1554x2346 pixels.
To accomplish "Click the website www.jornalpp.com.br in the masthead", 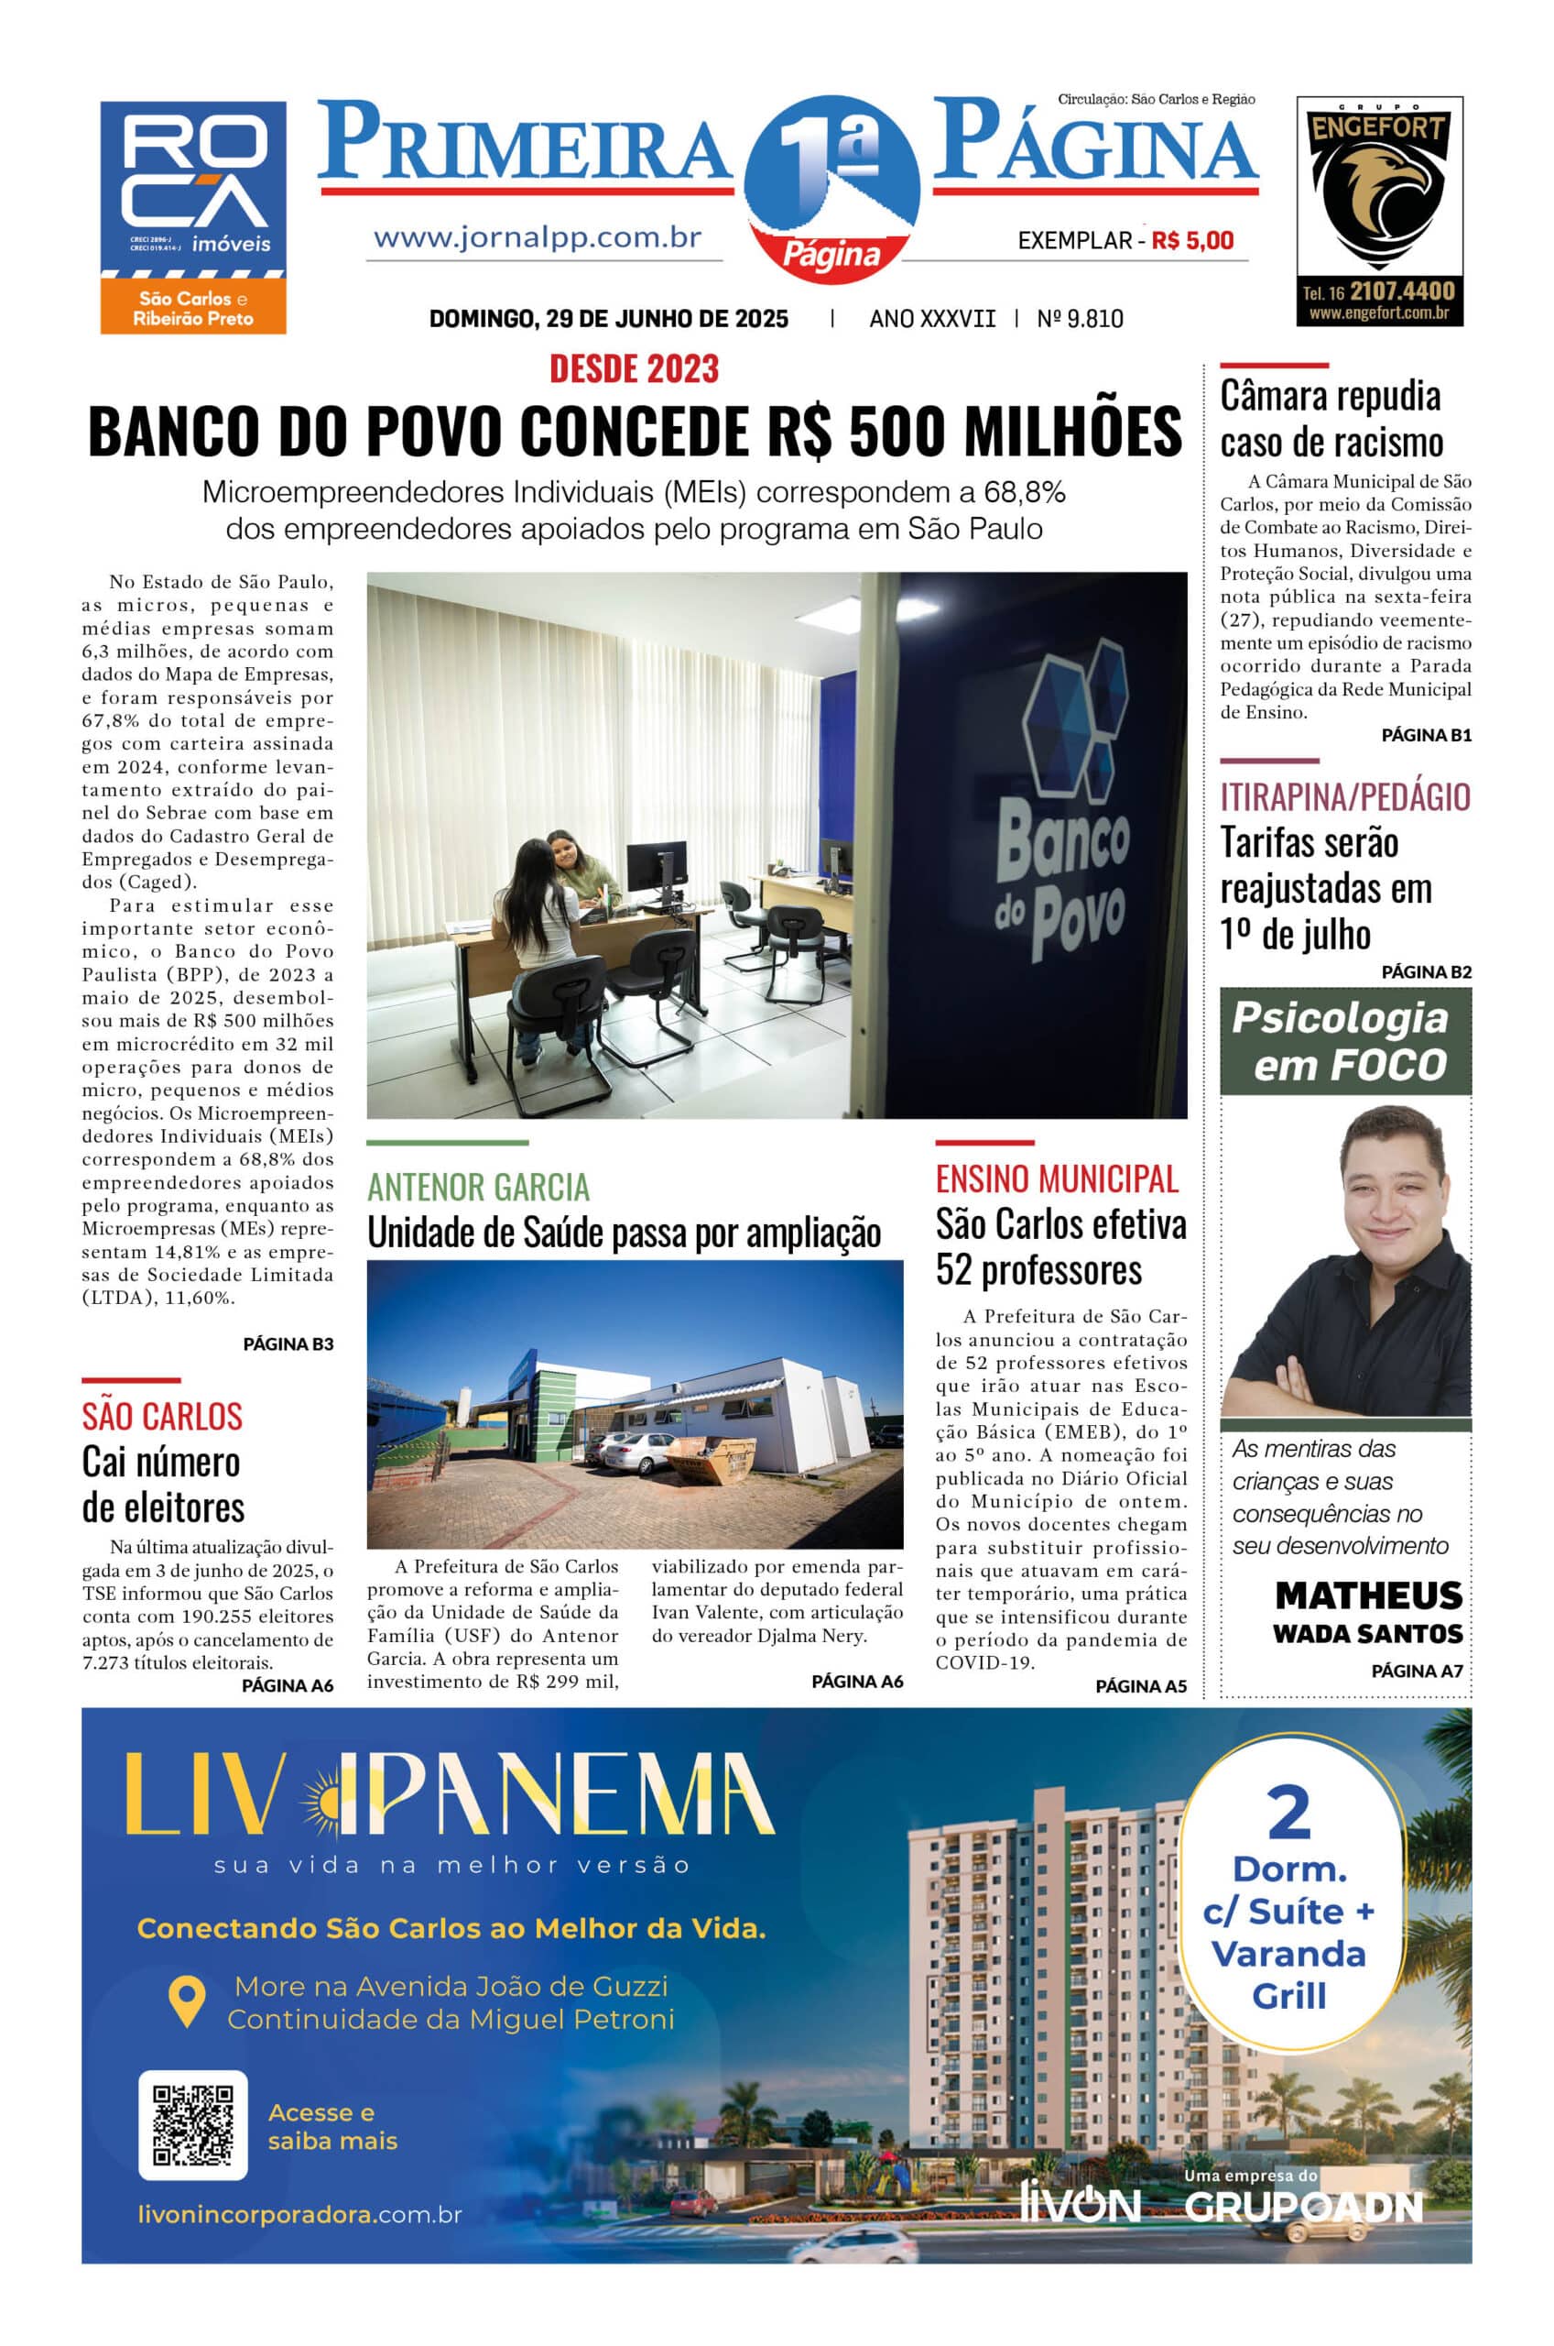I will click(x=538, y=238).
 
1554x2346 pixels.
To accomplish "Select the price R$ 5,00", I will click(x=1192, y=240).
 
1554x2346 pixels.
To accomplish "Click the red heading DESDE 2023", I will click(x=635, y=369).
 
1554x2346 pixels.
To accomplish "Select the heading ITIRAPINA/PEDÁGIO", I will click(x=1345, y=796).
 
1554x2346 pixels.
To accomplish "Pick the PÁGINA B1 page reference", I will click(x=1426, y=735).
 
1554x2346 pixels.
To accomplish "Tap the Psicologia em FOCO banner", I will click(x=1345, y=1042).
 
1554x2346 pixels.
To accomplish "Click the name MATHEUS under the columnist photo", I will click(x=1368, y=1595).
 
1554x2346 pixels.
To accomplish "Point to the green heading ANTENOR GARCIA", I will click(x=478, y=1187).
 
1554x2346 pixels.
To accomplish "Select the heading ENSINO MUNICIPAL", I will click(x=1057, y=1178).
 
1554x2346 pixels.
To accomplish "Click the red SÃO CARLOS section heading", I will click(x=162, y=1416).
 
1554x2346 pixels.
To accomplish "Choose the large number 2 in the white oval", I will click(x=1288, y=1813).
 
